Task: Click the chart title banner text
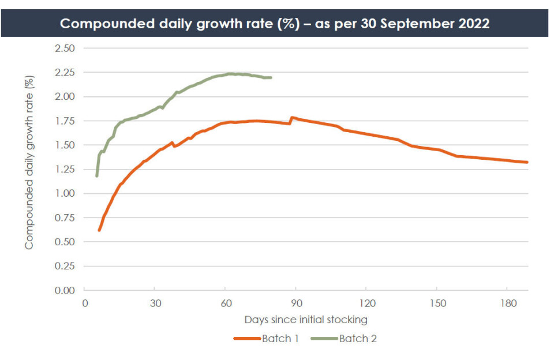point(275,24)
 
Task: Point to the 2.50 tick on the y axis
point(65,48)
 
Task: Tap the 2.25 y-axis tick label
point(65,72)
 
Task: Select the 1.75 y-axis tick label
point(65,121)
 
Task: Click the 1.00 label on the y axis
point(65,193)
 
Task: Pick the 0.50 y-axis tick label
point(65,242)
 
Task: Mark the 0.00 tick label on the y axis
point(65,290)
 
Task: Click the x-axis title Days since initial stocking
point(305,319)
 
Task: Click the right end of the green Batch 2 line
point(271,77)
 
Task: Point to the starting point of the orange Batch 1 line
point(99,230)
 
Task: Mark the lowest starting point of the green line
point(97,175)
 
